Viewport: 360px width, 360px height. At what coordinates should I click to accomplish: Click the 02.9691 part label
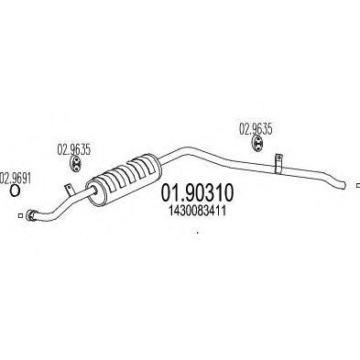pos(16,179)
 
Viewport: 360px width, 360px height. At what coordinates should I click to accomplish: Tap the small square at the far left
pos(20,215)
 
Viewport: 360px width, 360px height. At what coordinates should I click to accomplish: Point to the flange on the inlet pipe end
pos(30,214)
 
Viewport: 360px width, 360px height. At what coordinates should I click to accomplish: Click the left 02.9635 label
pos(74,150)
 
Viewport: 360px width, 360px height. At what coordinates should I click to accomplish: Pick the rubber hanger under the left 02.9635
pos(75,164)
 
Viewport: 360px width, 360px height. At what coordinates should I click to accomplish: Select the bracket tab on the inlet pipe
pos(70,190)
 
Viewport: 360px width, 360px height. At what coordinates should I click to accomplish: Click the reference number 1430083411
pos(197,211)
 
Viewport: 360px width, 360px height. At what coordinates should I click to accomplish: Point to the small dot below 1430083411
pos(198,233)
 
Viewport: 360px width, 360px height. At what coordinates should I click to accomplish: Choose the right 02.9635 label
pos(256,129)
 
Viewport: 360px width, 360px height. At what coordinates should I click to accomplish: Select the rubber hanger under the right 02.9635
pos(258,143)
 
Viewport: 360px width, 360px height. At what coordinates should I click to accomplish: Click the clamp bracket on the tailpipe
pos(278,164)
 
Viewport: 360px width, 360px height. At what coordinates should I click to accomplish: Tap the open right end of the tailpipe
pos(344,184)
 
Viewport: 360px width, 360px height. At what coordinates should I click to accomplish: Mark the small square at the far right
pos(358,185)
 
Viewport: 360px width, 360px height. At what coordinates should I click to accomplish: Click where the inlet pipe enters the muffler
pos(94,191)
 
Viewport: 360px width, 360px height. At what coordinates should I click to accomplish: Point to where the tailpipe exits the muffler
pos(159,160)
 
